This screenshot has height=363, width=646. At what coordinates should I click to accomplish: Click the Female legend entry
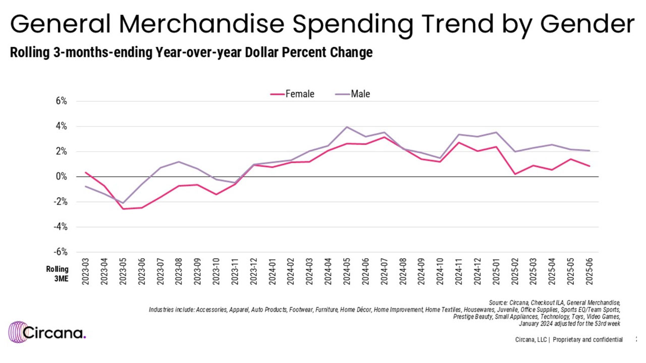293,94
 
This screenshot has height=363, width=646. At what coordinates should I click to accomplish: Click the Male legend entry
353,94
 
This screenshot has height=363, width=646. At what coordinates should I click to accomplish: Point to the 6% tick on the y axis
61,101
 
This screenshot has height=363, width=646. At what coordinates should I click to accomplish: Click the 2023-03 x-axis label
86,273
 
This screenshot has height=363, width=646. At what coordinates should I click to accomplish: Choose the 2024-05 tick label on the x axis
347,273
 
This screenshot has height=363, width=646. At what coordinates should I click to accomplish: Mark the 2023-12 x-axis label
253,273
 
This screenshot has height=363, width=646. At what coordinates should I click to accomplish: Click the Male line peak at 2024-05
347,127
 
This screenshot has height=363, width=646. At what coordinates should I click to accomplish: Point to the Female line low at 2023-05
123,209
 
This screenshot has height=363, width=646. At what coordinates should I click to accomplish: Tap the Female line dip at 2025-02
515,174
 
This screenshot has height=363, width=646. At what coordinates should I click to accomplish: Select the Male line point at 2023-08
179,162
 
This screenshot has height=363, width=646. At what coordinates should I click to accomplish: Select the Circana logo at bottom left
47,332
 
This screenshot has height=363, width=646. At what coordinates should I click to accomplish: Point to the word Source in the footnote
500,302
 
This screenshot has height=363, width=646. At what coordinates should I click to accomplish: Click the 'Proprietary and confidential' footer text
587,340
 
